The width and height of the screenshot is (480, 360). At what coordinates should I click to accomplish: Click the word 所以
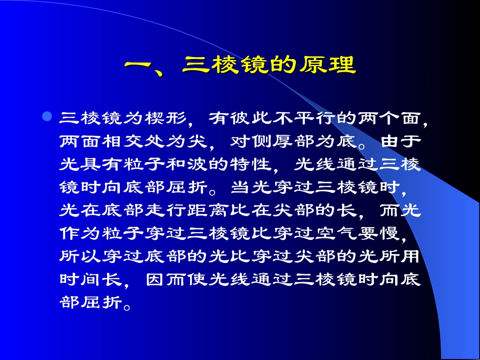tap(76, 256)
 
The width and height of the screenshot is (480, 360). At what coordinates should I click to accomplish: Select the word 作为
tap(76, 233)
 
